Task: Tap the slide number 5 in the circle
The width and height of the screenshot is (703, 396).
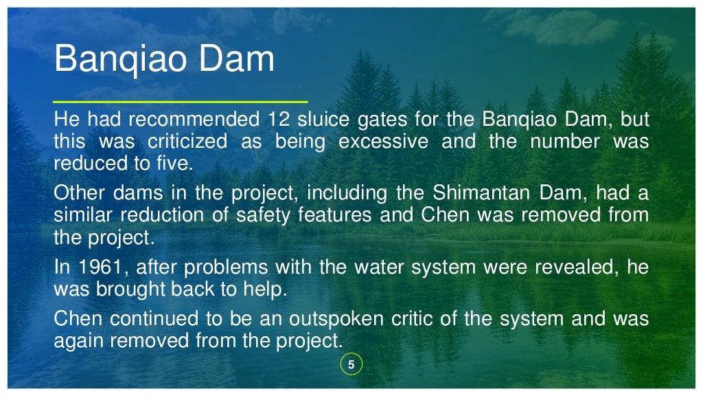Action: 351,365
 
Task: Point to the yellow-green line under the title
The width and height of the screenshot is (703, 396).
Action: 181,101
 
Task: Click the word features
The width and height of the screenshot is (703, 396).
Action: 335,215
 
